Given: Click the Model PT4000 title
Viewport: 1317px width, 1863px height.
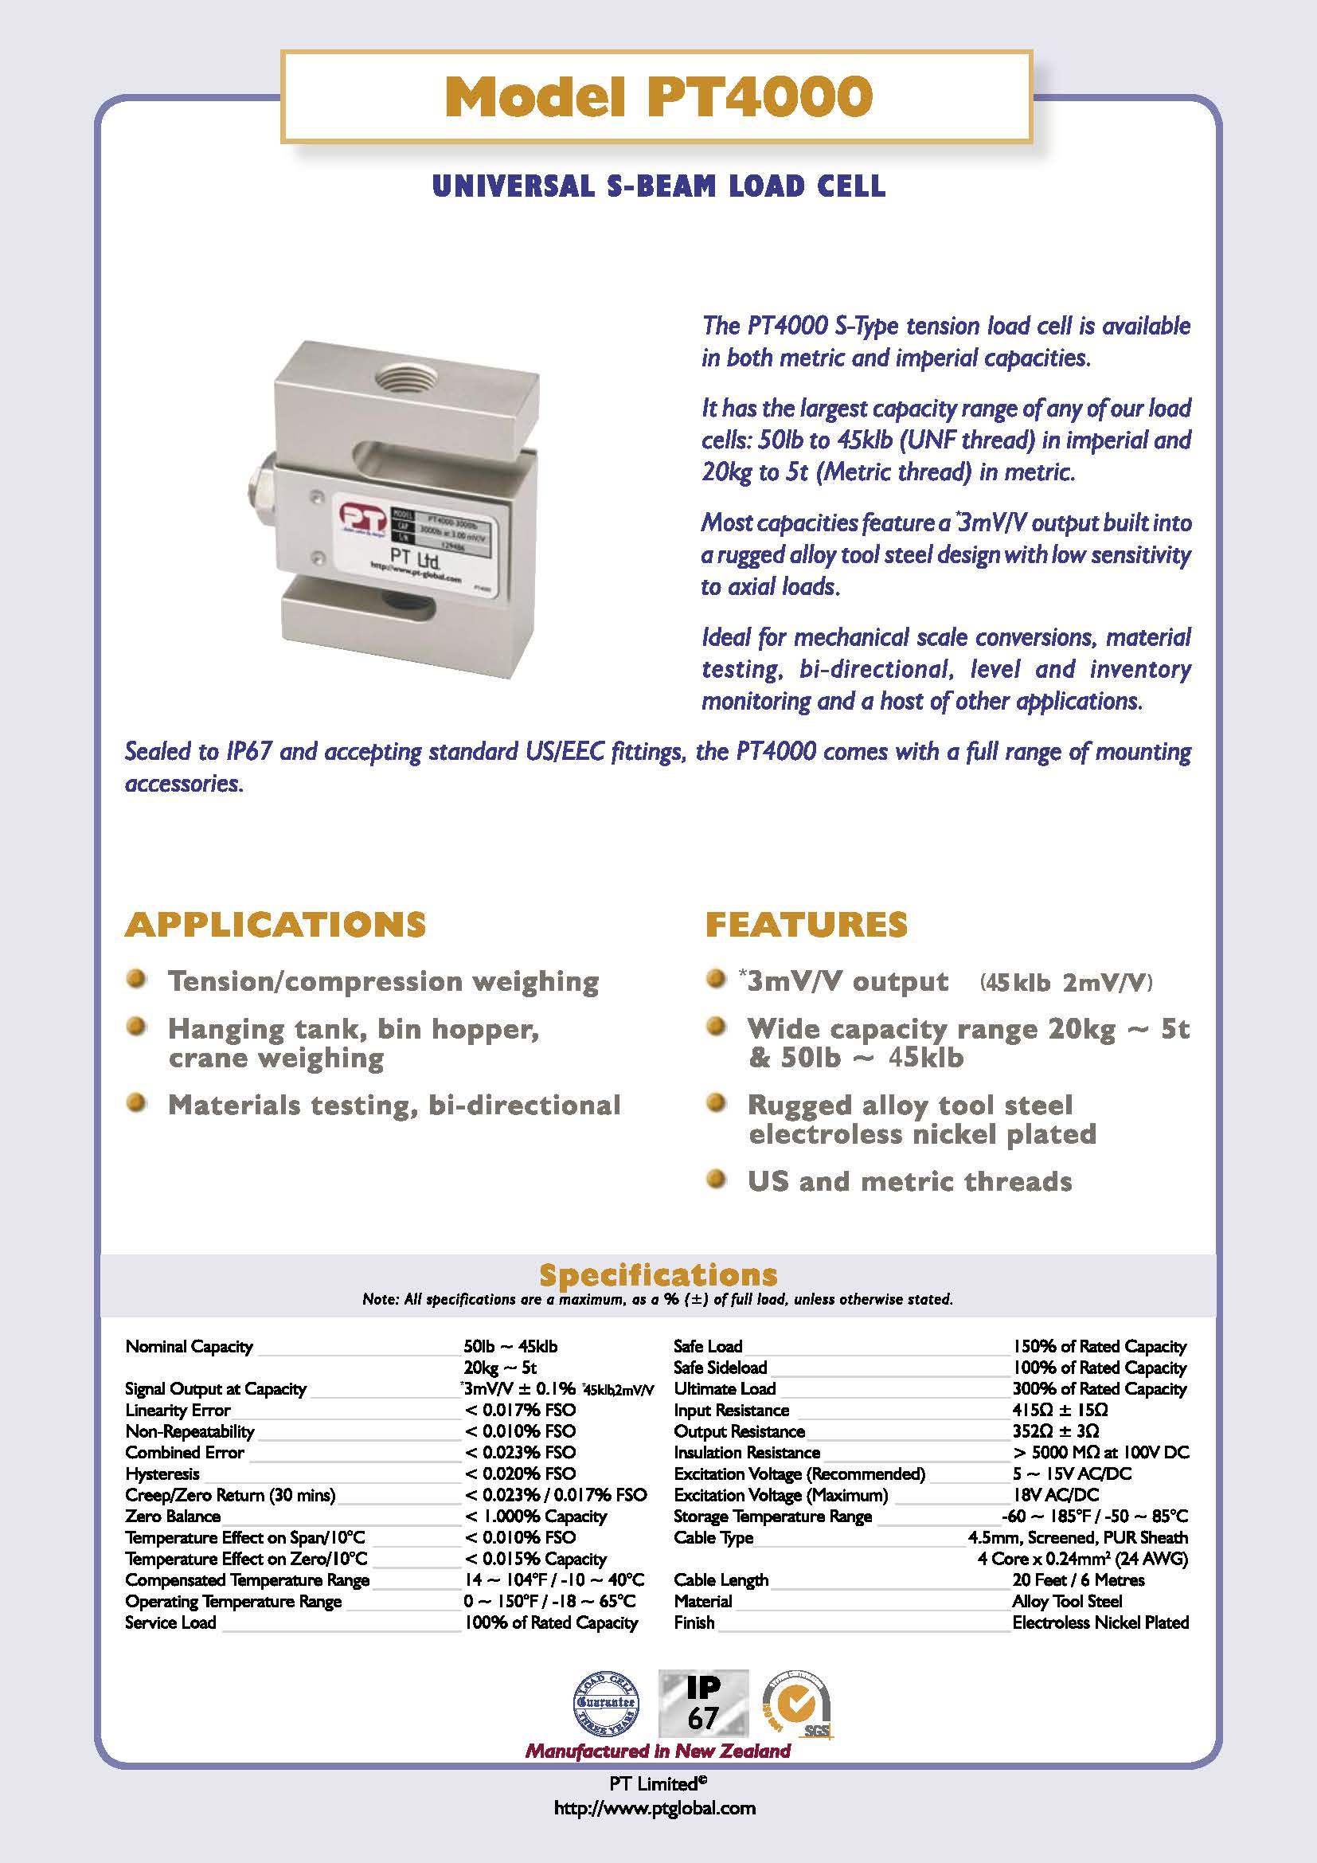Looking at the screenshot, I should pyautogui.click(x=657, y=99).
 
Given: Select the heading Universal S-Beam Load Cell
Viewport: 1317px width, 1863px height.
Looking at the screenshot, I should pyautogui.click(x=658, y=186).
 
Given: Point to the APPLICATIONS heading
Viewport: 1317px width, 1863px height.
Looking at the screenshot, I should pyautogui.click(x=275, y=924).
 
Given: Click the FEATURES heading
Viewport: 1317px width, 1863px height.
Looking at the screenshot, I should pyautogui.click(x=806, y=924).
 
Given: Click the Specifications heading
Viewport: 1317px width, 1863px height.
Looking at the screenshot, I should pyautogui.click(x=658, y=1274).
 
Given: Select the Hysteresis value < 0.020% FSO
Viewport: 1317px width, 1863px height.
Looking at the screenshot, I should pyautogui.click(x=520, y=1474).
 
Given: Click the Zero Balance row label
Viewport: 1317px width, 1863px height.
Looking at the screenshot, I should pyautogui.click(x=173, y=1516).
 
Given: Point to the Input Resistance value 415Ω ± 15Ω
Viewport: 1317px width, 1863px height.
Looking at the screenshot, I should pyautogui.click(x=1060, y=1411).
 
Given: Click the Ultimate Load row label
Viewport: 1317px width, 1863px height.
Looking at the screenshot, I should pyautogui.click(x=724, y=1389).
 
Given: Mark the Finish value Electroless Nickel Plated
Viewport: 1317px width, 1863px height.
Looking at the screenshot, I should pyautogui.click(x=1100, y=1622).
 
